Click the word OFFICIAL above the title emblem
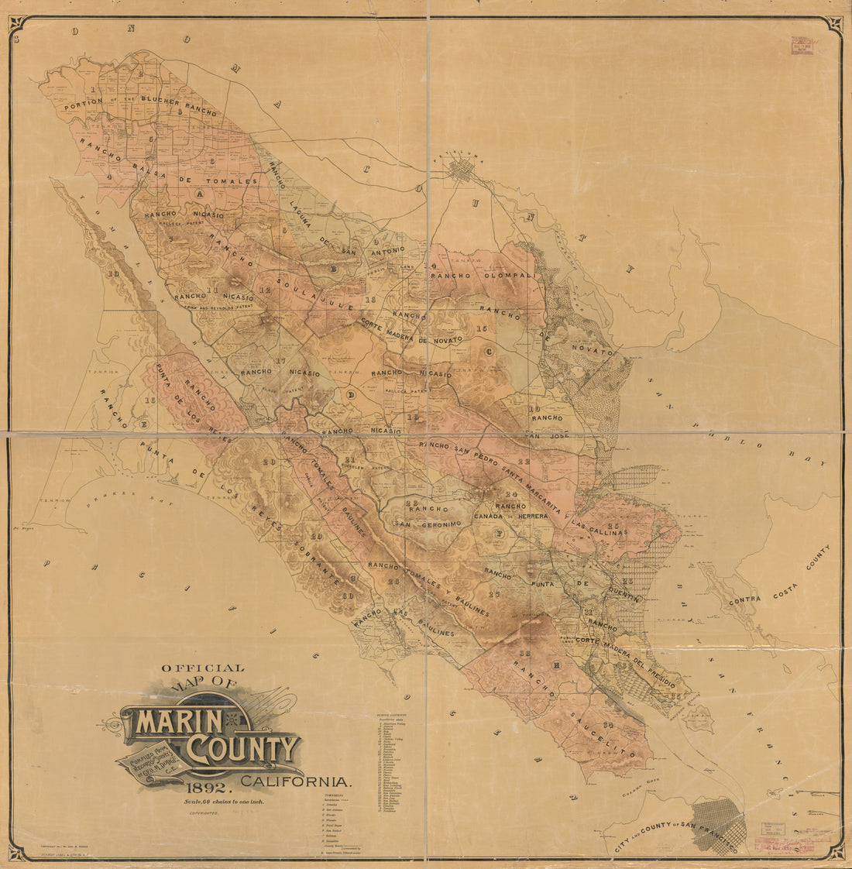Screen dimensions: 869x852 pyautogui.click(x=202, y=668)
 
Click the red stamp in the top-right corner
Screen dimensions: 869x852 pyautogui.click(x=802, y=47)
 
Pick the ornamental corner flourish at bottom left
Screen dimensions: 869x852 pyautogui.click(x=23, y=851)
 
